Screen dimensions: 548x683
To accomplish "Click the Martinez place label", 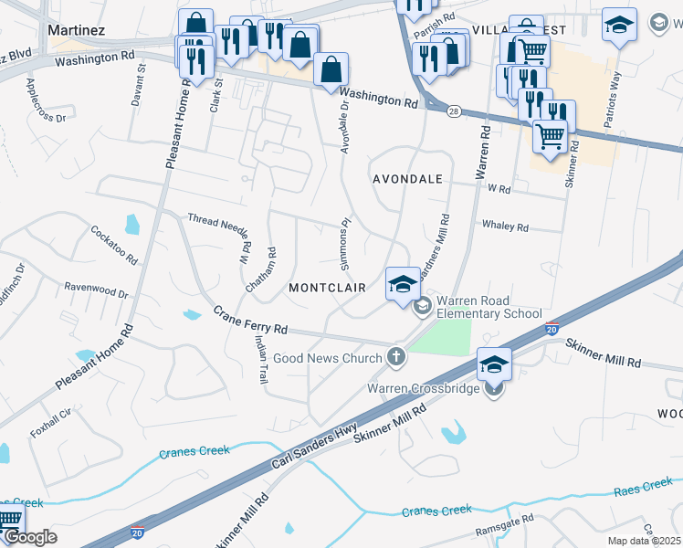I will [x=77, y=30].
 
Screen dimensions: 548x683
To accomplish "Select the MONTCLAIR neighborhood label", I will [x=327, y=288].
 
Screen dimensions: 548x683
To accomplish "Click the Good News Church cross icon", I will [x=396, y=356].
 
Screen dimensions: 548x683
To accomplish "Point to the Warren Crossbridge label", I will [x=422, y=388].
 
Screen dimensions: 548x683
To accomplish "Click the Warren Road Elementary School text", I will [x=489, y=307].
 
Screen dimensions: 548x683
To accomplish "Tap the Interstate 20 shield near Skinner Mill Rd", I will [x=551, y=328].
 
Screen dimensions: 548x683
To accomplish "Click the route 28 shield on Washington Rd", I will [x=454, y=110].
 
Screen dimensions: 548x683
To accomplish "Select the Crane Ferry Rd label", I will [x=250, y=320].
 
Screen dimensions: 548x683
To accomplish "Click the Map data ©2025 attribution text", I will [x=644, y=541].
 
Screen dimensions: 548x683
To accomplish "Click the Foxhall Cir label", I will [x=50, y=424].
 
